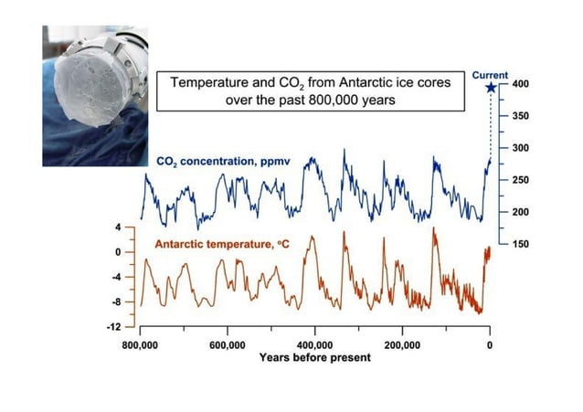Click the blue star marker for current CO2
[491, 88]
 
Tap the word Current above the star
[491, 75]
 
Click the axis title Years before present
[314, 357]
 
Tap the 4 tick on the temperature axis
[119, 227]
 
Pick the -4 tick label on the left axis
[116, 276]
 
